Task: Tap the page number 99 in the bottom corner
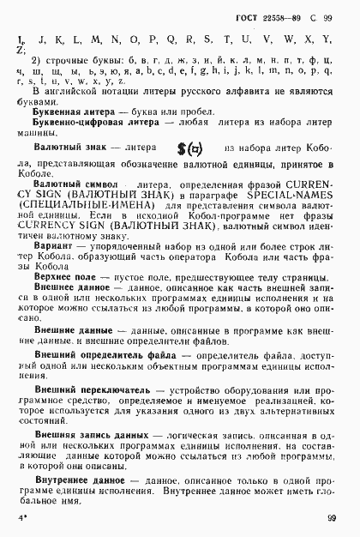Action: (330, 518)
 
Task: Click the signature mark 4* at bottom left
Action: (22, 519)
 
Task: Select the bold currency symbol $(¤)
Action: (189, 148)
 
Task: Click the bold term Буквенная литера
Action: (72, 112)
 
